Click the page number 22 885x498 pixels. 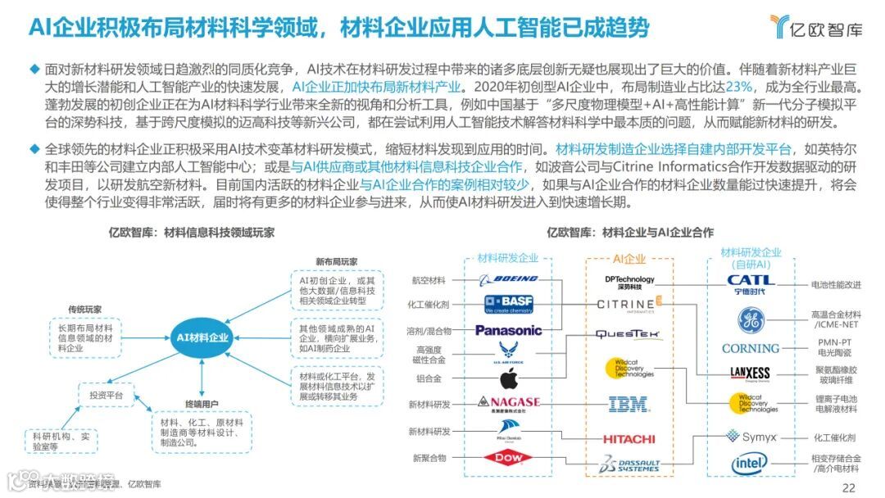(x=848, y=488)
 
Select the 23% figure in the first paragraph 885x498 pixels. (x=739, y=87)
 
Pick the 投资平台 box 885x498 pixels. (x=106, y=396)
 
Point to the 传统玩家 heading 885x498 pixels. (x=85, y=309)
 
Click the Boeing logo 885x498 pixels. (x=509, y=280)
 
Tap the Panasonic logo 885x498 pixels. (x=509, y=330)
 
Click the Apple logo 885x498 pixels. (x=509, y=379)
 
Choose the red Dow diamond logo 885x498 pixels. (x=508, y=458)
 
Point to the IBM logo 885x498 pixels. (x=629, y=404)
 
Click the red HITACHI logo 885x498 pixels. (x=629, y=439)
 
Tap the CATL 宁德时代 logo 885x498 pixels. (x=750, y=284)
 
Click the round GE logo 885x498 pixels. (x=750, y=319)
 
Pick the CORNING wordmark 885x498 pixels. (x=750, y=348)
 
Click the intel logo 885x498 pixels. (x=750, y=464)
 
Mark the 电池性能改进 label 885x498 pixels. (x=836, y=285)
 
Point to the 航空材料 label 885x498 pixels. (x=429, y=280)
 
